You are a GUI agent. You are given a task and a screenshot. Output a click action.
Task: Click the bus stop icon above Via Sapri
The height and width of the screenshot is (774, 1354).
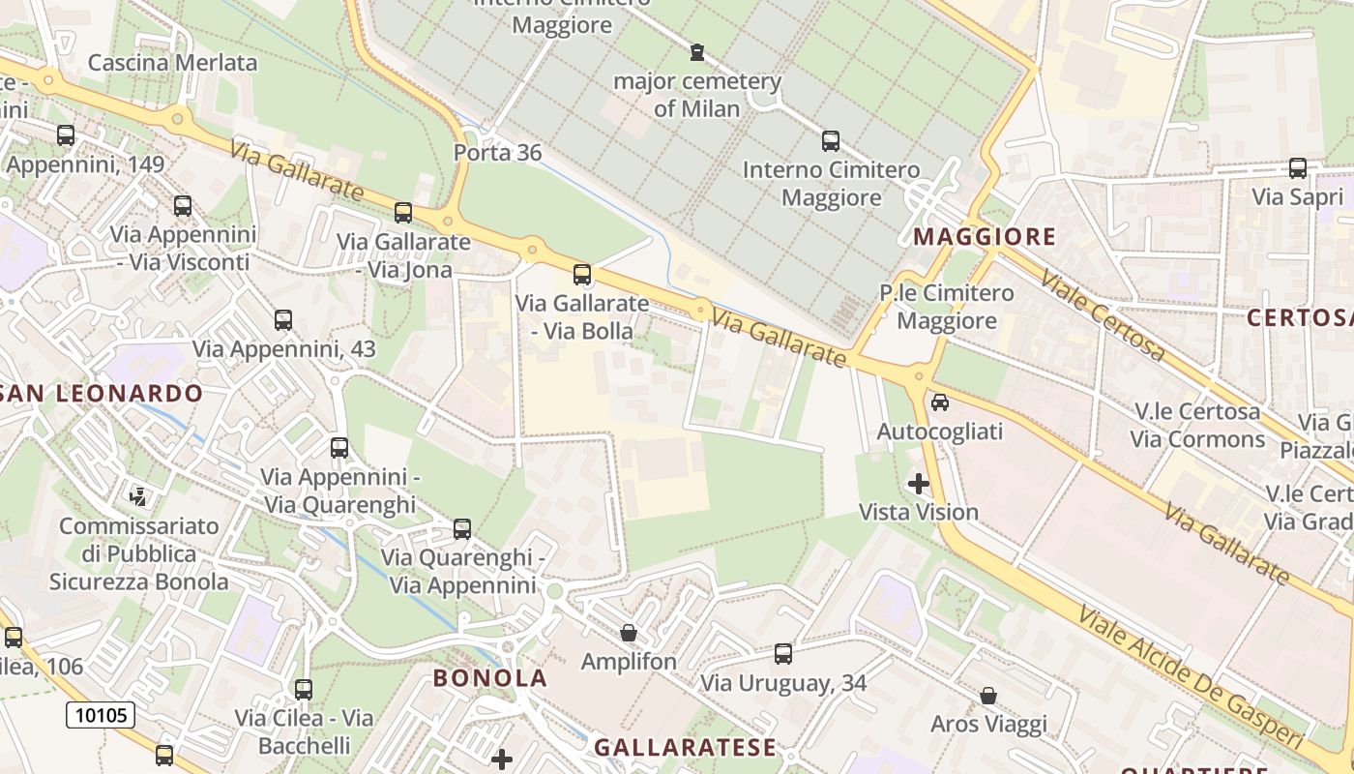point(1297,168)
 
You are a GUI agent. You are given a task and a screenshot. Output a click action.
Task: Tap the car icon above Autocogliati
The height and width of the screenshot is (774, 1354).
point(939,402)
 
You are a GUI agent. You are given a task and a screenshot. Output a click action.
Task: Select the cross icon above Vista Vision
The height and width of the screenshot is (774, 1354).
point(918,483)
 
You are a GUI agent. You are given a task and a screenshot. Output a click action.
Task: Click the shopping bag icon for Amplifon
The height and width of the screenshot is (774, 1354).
point(629,633)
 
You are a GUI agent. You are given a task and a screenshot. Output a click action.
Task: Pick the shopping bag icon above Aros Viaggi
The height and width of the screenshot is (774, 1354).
point(988,696)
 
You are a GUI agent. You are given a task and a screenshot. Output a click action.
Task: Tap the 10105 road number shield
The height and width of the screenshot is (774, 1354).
point(101,715)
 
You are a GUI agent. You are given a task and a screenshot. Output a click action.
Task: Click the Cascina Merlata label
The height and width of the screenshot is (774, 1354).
point(172,63)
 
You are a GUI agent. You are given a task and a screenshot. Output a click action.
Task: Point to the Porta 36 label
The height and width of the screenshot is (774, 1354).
point(497,153)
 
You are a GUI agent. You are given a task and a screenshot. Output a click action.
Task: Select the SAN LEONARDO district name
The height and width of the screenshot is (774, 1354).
point(101,393)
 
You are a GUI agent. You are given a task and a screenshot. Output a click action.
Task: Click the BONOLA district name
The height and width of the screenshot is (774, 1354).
point(489,677)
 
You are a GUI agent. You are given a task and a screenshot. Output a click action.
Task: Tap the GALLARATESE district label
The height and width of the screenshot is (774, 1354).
point(685,747)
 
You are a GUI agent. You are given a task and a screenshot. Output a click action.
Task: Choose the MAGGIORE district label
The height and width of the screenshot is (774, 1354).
point(985,236)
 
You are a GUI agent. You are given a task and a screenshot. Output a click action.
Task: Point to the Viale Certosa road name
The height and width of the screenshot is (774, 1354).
point(1102,314)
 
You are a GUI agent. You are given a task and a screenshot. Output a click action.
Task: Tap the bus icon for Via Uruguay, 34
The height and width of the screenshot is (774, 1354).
point(782,654)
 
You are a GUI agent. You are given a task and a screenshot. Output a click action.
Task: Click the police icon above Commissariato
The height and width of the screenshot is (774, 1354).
point(138,497)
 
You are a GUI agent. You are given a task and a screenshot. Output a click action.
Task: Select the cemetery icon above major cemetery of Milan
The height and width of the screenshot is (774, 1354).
point(696,52)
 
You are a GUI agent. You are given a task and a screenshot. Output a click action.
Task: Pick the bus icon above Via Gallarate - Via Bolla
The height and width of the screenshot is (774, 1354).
point(581,275)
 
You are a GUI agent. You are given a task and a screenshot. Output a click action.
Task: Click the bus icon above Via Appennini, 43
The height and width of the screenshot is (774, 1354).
point(282,320)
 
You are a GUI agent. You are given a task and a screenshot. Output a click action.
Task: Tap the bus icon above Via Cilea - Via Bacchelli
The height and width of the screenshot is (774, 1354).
point(304,690)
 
